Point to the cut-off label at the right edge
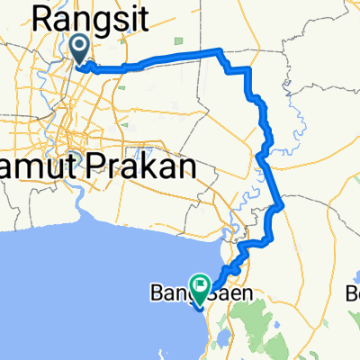(354, 293)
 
